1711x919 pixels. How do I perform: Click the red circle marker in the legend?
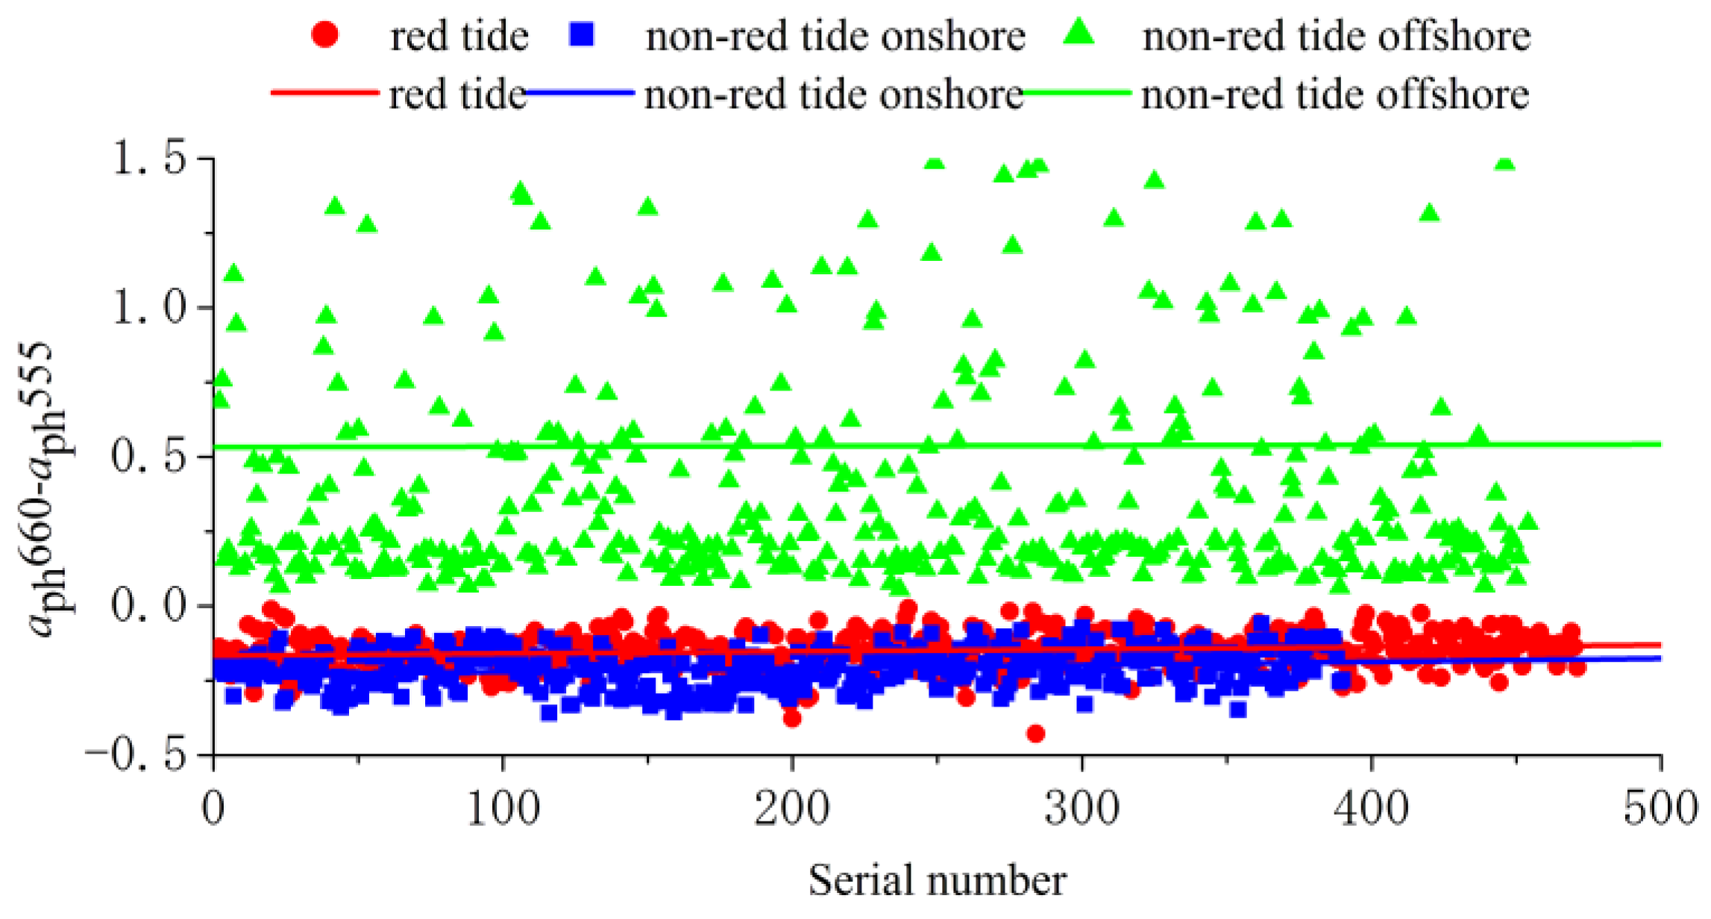point(325,34)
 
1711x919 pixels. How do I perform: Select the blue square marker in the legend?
point(581,34)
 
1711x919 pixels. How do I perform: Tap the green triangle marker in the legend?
point(1079,33)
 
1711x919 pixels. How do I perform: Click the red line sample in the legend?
point(325,92)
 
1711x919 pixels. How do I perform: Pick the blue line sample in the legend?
point(581,93)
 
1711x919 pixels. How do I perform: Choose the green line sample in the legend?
point(1078,93)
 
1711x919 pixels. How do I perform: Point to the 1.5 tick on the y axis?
point(148,158)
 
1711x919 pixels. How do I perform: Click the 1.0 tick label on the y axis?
point(148,307)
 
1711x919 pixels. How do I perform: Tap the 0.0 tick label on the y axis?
point(148,605)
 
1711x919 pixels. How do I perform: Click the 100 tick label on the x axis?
point(503,809)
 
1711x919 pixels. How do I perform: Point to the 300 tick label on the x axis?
point(1081,809)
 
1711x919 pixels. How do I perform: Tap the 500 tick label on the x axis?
point(1660,809)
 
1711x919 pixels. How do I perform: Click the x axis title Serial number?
point(938,880)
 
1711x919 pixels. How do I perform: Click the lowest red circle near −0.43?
point(1035,733)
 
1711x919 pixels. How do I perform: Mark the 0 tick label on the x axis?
point(214,809)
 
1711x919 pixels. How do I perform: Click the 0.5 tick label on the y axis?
point(148,456)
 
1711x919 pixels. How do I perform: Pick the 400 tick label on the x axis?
point(1371,809)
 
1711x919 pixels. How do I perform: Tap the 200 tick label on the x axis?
point(792,809)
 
